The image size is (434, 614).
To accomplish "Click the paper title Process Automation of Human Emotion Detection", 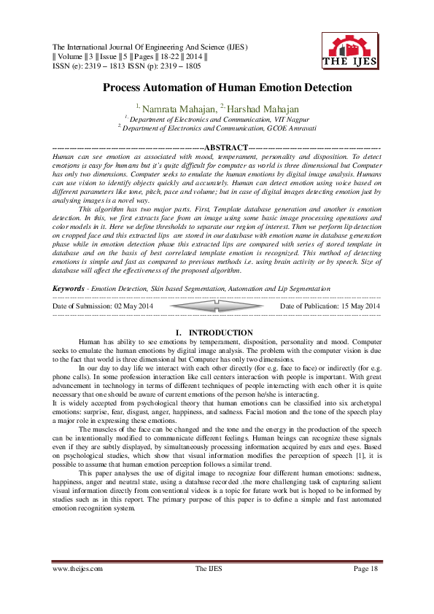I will point(217,88).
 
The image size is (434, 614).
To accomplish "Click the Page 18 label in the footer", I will point(365,568).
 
